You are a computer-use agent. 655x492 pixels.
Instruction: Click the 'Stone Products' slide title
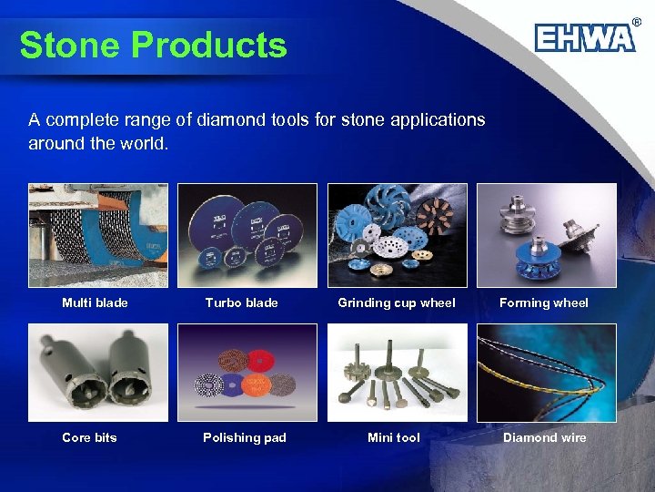point(153,45)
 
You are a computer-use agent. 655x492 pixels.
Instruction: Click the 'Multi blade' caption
point(95,302)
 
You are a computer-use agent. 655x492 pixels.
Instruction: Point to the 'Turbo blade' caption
point(241,302)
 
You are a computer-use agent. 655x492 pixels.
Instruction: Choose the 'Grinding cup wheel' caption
point(397,302)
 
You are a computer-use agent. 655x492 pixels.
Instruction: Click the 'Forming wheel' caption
point(544,302)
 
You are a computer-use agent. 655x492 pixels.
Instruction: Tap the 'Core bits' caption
point(89,437)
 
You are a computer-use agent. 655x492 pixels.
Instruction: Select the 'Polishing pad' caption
point(245,437)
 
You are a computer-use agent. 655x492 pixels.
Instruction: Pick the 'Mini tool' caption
point(394,437)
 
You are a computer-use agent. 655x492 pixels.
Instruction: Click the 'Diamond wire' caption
point(545,437)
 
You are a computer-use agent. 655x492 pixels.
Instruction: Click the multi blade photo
point(98,236)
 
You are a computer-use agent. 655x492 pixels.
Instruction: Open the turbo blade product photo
point(247,236)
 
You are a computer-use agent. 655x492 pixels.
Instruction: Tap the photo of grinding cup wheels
point(398,236)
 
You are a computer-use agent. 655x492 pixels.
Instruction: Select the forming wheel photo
point(547,236)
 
